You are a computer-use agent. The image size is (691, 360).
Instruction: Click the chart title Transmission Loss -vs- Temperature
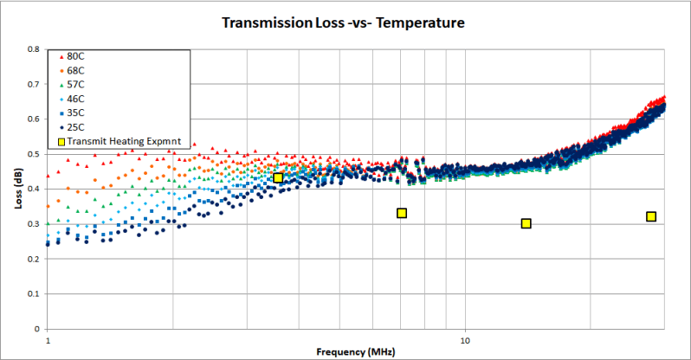[x=345, y=23]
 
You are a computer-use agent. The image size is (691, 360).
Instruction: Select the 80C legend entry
[x=75, y=56]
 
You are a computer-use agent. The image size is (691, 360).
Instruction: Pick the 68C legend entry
[x=75, y=70]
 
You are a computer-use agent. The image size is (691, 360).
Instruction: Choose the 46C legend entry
[x=75, y=99]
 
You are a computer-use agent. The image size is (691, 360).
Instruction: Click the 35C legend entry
[x=75, y=112]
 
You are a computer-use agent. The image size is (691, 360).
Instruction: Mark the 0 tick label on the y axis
[x=37, y=329]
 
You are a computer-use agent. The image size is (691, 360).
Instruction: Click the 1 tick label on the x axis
[x=47, y=340]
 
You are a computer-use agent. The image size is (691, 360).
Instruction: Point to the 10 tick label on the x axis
[x=465, y=340]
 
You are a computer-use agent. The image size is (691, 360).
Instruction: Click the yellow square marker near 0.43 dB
[x=278, y=177]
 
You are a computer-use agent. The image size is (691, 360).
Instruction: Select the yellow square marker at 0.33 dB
[x=402, y=213]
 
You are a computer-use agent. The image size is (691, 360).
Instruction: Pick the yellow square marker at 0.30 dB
[x=526, y=223]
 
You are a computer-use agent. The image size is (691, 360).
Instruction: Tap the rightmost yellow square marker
[x=651, y=216]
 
